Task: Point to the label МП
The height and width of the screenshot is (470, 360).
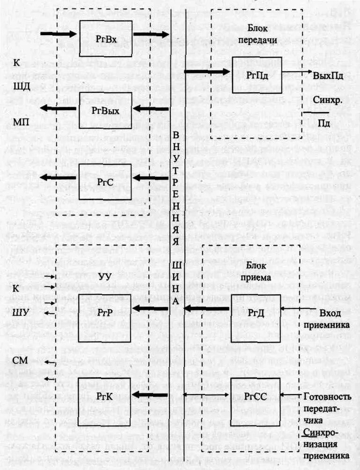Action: pyautogui.click(x=21, y=122)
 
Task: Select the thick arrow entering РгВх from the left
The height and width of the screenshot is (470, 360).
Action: pyautogui.click(x=58, y=34)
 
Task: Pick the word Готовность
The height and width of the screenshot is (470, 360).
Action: pyautogui.click(x=327, y=396)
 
